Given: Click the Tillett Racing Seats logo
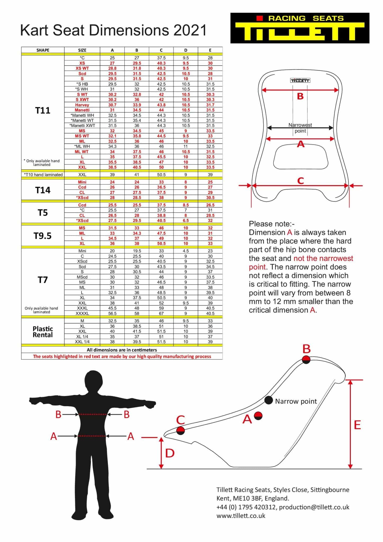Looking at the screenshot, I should tap(300, 28).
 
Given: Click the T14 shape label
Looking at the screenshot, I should tap(43, 190).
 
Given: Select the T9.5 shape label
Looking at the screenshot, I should tap(43, 236).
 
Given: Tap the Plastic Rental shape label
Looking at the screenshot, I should tap(43, 332).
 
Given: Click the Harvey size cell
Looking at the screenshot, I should tap(82, 105).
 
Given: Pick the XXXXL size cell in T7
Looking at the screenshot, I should tap(82, 313).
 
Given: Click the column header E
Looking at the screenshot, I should tap(210, 50).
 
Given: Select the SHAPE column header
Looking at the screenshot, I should tap(43, 50).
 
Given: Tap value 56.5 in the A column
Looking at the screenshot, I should tap(112, 313).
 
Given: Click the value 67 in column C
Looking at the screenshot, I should tap(161, 313).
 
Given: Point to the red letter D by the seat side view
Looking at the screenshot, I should tap(170, 453).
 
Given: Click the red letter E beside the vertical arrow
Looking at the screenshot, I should tap(357, 425).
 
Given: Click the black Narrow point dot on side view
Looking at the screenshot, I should tap(268, 400).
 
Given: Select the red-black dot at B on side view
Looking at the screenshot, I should tap(306, 359).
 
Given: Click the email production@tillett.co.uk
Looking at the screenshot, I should tap(314, 507).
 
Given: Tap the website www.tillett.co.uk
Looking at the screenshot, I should tap(241, 516).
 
